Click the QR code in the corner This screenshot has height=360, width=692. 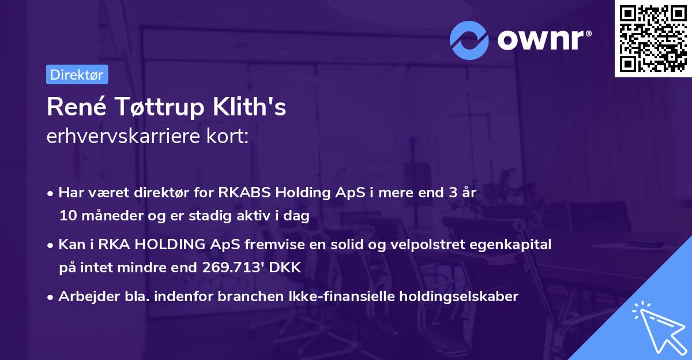[x=653, y=39]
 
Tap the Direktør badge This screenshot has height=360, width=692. [x=77, y=74]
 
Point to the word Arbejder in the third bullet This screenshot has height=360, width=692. [x=84, y=297]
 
